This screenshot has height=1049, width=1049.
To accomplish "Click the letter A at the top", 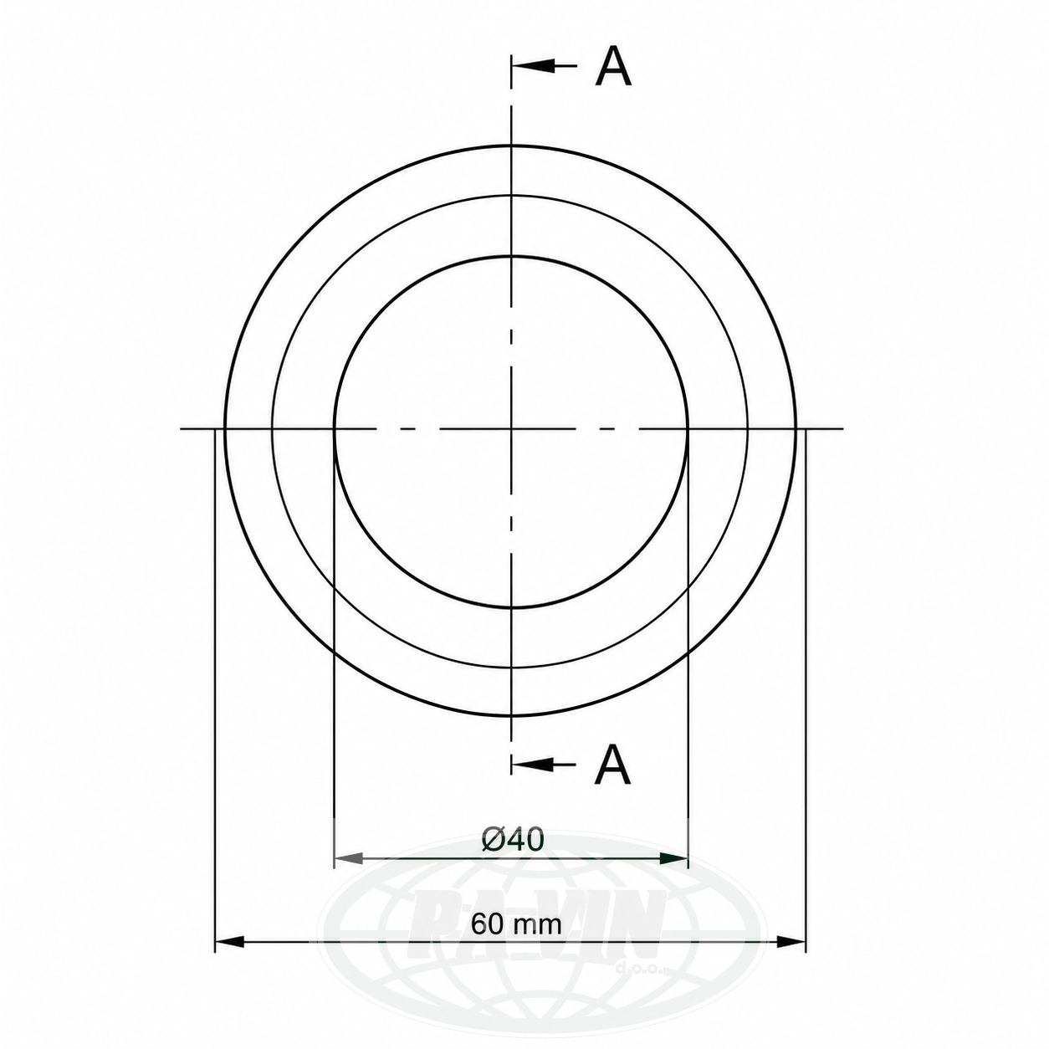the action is [613, 66].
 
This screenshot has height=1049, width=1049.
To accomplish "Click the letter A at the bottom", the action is [613, 764].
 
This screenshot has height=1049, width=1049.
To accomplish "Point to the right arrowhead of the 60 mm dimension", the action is [791, 956].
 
